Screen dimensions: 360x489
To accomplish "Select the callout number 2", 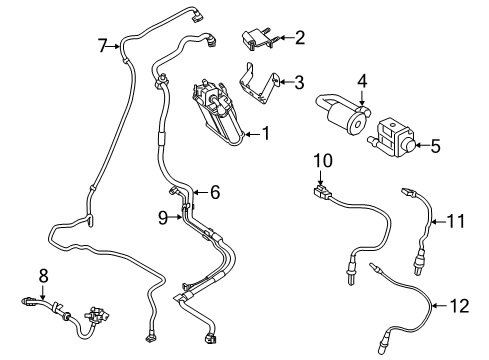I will pos(299,37).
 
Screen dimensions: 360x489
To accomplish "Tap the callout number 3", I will pos(299,82).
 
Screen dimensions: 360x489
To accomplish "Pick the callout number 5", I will pos(435,146).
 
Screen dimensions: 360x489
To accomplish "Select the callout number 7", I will pos(101,44).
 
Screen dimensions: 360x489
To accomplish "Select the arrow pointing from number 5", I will pos(418,146).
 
